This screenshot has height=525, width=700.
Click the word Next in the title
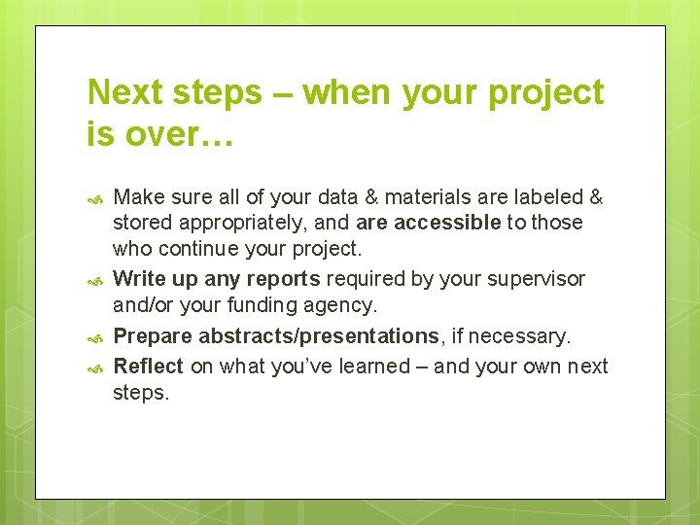125,92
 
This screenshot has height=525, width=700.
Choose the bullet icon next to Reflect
95,368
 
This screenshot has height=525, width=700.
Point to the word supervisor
539,279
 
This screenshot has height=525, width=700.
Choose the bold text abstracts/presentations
318,336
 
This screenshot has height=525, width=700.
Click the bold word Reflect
149,366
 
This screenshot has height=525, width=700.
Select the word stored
139,223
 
